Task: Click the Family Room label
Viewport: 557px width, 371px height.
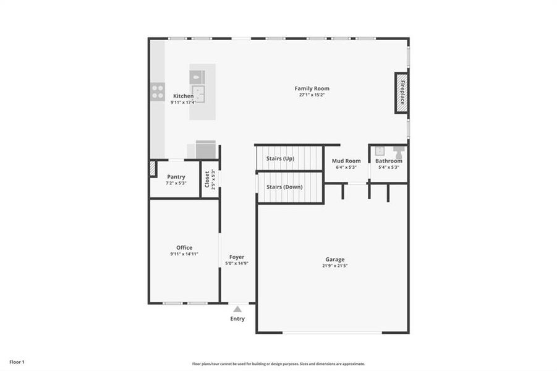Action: (x=312, y=88)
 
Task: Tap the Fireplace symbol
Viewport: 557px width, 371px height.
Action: (x=401, y=93)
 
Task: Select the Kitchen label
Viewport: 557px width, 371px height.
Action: (x=183, y=96)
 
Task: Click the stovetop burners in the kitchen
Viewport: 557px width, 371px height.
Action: (x=158, y=92)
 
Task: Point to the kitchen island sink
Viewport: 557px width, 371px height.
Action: (x=199, y=94)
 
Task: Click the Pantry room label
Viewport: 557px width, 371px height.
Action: (x=176, y=177)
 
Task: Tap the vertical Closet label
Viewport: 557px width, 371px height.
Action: (x=207, y=179)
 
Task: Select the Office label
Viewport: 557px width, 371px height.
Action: (x=184, y=247)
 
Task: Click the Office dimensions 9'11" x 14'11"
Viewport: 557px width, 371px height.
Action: (x=184, y=254)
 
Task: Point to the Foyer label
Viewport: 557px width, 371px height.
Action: (x=237, y=257)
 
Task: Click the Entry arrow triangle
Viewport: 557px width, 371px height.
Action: (x=237, y=308)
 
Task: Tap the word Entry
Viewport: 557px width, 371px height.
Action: (x=237, y=319)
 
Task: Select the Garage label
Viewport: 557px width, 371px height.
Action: (x=335, y=259)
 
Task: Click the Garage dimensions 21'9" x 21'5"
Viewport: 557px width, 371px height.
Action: (x=335, y=266)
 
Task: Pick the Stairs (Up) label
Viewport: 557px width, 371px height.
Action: (x=280, y=158)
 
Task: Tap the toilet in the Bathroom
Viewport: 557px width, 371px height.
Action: (x=399, y=151)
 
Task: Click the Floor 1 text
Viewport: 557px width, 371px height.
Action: (x=17, y=361)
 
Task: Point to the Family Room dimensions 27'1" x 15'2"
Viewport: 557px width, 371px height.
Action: (x=312, y=95)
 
